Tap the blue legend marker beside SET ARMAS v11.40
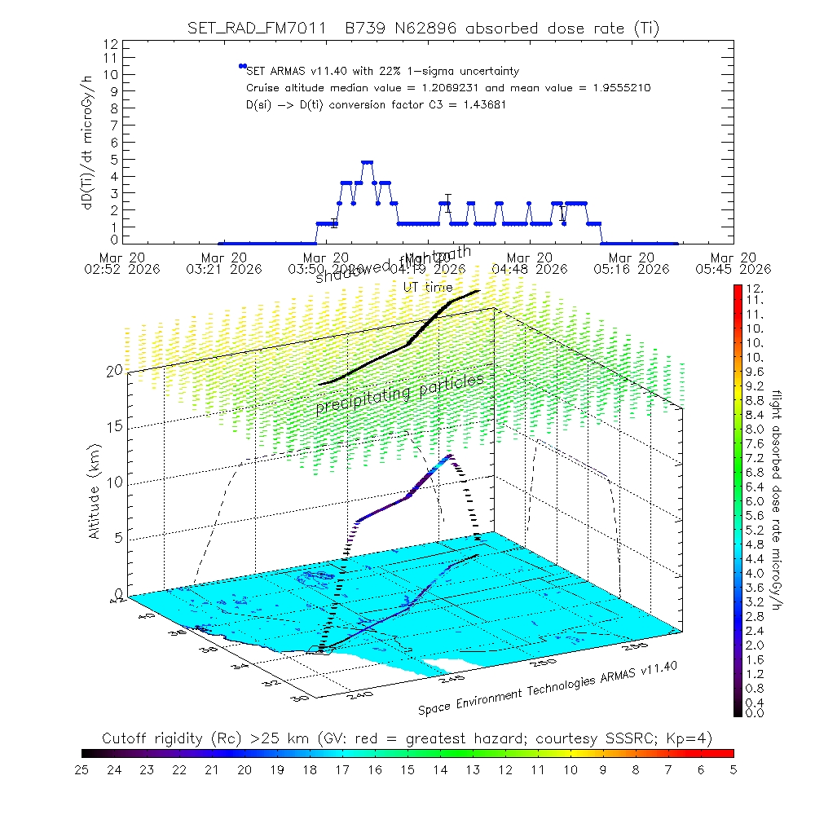pos(242,66)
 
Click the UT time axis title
pos(429,287)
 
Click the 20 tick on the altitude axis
pos(114,371)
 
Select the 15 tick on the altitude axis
pos(114,426)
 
